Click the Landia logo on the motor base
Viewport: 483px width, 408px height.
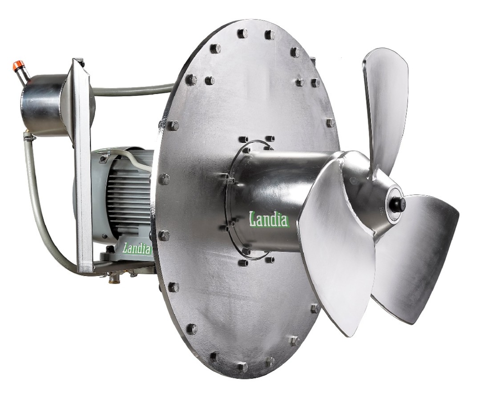tap(137, 248)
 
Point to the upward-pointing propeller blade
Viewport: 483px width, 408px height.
tap(386, 108)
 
